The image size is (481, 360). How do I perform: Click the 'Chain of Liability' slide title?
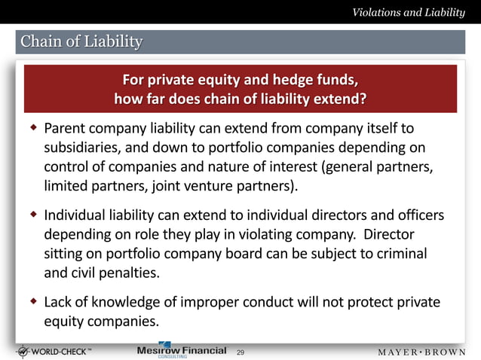click(x=81, y=41)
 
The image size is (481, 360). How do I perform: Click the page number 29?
click(x=240, y=352)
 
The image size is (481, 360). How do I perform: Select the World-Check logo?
click(x=57, y=351)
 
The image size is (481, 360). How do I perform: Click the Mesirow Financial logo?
click(x=181, y=351)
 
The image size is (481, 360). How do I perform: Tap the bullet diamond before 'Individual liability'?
click(x=33, y=215)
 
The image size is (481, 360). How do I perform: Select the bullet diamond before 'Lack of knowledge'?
click(x=33, y=302)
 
